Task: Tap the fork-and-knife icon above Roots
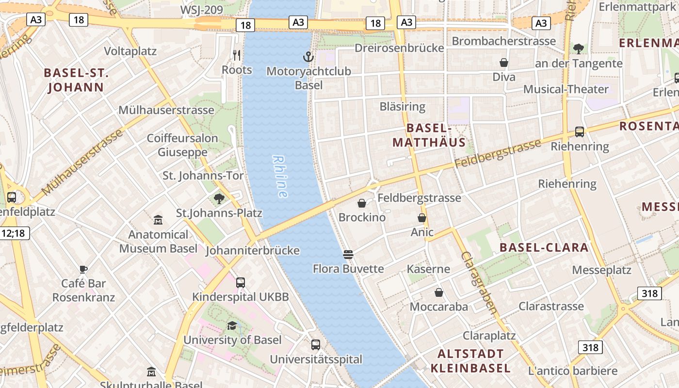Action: [237, 55]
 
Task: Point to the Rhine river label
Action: [280, 177]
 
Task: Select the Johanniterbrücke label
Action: [253, 251]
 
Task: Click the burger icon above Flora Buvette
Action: [348, 254]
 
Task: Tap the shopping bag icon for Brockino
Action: [361, 203]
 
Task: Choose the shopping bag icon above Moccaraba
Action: [439, 292]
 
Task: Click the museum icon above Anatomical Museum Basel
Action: [158, 220]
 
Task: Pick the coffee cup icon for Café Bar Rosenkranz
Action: [83, 269]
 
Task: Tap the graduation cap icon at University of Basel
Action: [232, 325]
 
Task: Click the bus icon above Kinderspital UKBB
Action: [240, 283]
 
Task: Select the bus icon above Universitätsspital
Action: [316, 345]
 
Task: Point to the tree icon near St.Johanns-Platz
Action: [219, 198]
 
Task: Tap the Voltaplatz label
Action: [130, 51]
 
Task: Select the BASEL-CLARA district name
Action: [544, 247]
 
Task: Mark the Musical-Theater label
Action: [566, 89]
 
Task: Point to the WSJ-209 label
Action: [201, 10]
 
